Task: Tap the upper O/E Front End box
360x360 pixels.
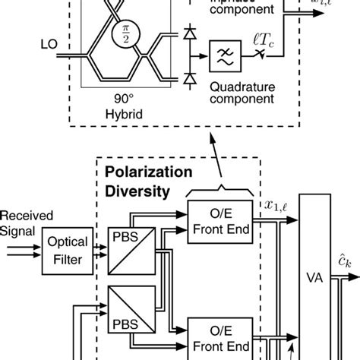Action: coord(213,222)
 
